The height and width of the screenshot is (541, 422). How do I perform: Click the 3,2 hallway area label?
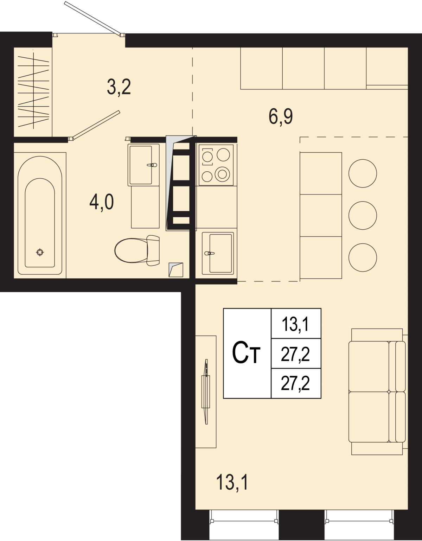tap(119, 87)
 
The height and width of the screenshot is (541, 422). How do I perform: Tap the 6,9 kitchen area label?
tap(281, 117)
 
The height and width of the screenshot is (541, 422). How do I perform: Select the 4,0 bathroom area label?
tap(102, 202)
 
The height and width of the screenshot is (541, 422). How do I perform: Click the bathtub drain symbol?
tap(40, 252)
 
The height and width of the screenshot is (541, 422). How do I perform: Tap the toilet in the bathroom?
tap(137, 250)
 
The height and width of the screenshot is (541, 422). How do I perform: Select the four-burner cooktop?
tap(216, 165)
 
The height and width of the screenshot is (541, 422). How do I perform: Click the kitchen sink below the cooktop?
tap(218, 253)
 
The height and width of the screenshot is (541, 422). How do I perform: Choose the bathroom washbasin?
tap(143, 165)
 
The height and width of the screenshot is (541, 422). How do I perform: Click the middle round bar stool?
tap(363, 215)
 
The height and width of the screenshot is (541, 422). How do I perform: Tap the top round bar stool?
tap(363, 173)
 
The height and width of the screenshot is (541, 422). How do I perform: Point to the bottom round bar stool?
tap(363, 257)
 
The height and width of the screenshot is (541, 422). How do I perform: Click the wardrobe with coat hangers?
tap(33, 92)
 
